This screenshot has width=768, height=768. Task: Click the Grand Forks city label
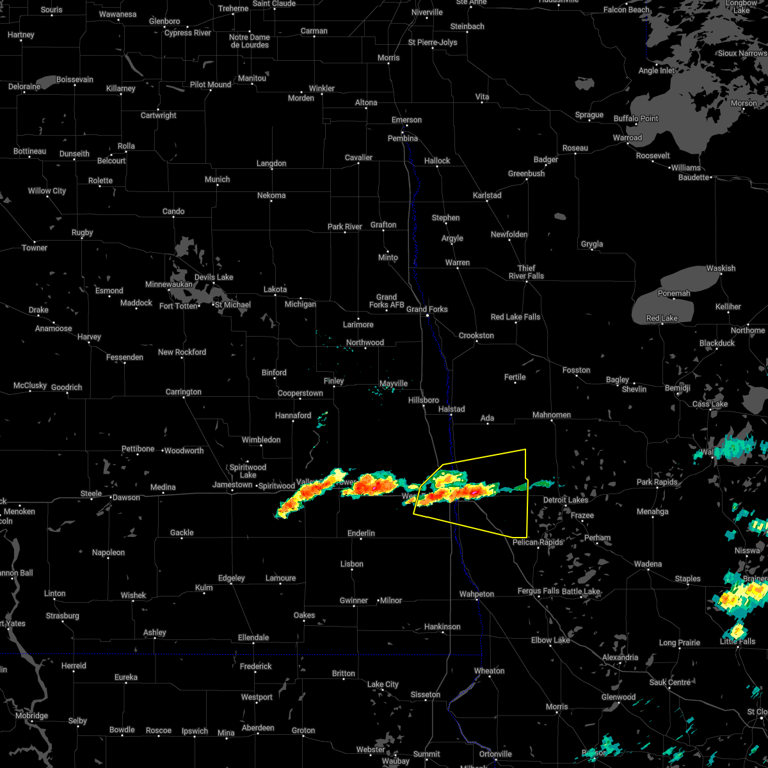[428, 310]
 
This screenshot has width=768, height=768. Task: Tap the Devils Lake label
[214, 277]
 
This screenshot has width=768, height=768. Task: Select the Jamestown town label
[232, 485]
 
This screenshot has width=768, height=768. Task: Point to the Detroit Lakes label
[565, 500]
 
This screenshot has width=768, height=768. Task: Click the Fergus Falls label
[538, 591]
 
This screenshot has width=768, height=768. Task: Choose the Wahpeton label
[477, 594]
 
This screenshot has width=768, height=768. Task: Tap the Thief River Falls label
[526, 272]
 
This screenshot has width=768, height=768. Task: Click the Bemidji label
[678, 388]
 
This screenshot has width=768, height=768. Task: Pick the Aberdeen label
[258, 728]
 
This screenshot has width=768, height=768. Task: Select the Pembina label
[403, 138]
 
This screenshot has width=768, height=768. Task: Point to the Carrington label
[184, 392]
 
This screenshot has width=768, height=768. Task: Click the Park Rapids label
[657, 482]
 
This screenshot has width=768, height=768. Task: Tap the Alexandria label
[620, 657]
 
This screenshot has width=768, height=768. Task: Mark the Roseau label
[575, 148]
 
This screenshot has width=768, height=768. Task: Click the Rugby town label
[83, 232]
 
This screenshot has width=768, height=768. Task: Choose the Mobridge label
[32, 716]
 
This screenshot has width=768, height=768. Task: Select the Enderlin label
[361, 533]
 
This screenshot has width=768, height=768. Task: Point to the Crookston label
[476, 335]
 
